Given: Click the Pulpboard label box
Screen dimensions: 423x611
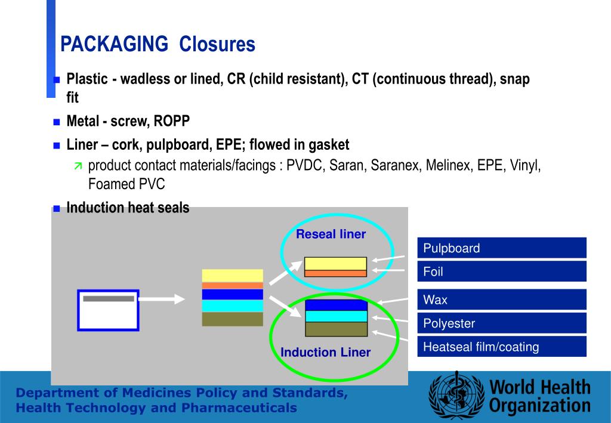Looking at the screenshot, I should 501,248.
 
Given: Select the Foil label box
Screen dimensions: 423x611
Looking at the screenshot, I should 501,271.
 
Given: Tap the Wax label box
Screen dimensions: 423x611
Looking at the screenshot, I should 501,300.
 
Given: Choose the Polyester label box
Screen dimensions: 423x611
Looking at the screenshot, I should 501,323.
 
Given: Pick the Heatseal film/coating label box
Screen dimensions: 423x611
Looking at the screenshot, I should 501,347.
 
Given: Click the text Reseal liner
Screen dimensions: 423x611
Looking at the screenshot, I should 331,234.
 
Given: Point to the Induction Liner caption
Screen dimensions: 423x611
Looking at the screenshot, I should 326,353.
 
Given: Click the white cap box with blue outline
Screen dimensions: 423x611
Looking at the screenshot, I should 108,310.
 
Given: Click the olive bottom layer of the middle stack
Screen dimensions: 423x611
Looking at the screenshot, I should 232,319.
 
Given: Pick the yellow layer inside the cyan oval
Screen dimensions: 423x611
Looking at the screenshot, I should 335,263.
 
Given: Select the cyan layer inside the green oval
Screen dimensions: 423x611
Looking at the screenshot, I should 336,316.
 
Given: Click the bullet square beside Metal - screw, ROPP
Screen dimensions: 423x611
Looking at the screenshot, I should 57,122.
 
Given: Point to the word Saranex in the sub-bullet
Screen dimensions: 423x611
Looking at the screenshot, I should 396,166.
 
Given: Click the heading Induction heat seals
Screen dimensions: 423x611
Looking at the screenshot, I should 128,208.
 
